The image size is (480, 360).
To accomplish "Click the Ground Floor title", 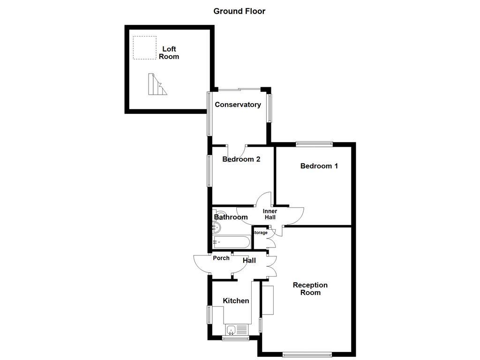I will pyautogui.click(x=239, y=11).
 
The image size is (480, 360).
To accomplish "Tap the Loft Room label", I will pyautogui.click(x=169, y=52).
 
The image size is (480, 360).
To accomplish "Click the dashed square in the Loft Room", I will pyautogui.click(x=144, y=48).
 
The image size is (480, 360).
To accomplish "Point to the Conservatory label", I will pyautogui.click(x=238, y=105).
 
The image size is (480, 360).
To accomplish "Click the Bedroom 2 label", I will pyautogui.click(x=241, y=159).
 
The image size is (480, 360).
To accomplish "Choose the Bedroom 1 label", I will pyautogui.click(x=319, y=166).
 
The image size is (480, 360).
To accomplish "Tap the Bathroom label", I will pyautogui.click(x=231, y=217).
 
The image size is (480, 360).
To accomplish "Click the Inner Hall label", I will pyautogui.click(x=270, y=214).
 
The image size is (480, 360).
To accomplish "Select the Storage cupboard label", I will pyautogui.click(x=260, y=232).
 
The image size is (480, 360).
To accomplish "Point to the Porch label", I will pyautogui.click(x=221, y=258).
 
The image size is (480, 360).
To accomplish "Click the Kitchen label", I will pyautogui.click(x=236, y=301).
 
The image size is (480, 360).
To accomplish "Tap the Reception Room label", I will pyautogui.click(x=310, y=289).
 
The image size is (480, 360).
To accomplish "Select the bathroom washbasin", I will pyautogui.click(x=216, y=228).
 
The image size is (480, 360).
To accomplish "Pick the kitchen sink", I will pyautogui.click(x=236, y=330).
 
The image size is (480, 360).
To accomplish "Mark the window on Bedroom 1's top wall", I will pyautogui.click(x=314, y=144).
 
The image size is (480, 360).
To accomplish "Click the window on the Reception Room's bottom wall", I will pyautogui.click(x=307, y=354).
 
